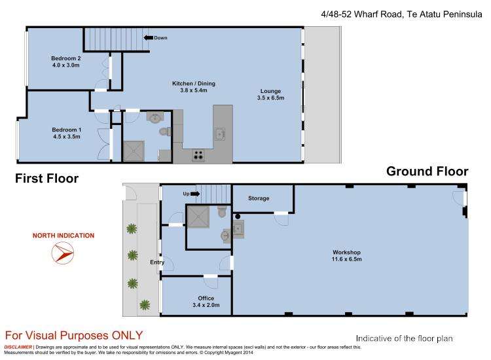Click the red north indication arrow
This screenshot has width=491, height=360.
(x=63, y=253)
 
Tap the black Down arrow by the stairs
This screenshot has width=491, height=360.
(x=148, y=38)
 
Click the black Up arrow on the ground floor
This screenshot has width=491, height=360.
(x=194, y=194)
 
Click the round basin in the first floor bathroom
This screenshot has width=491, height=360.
(x=154, y=117)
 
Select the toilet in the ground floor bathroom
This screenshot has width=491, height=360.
(x=223, y=211)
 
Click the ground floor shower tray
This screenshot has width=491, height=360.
(x=198, y=217)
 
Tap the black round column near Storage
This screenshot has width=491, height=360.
(x=238, y=217)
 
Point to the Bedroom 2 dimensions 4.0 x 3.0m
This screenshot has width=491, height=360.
(x=65, y=65)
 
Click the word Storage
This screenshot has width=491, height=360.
(x=259, y=198)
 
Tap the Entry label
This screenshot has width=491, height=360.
(x=157, y=262)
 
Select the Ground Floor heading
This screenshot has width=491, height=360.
(x=427, y=171)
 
